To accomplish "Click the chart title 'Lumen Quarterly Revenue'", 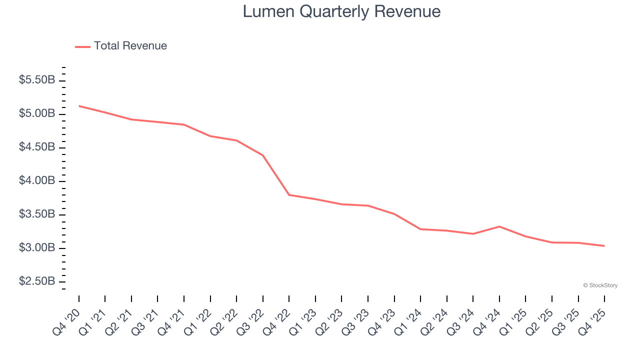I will (x=341, y=11).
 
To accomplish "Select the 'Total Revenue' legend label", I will (x=130, y=46).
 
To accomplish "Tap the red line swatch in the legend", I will (x=82, y=46).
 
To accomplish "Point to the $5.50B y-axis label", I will (x=37, y=80).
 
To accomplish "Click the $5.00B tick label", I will (x=37, y=113).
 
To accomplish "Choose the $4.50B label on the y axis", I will (x=37, y=147).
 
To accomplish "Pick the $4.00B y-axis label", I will (x=37, y=180).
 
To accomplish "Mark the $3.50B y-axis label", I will (x=37, y=214).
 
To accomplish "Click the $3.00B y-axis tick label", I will (x=37, y=248).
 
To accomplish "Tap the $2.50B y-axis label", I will (x=37, y=281).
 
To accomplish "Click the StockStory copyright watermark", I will (x=600, y=285).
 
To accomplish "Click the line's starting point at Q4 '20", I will (x=79, y=106).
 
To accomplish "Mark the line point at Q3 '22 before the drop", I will (x=263, y=155).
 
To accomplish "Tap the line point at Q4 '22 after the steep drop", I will (x=289, y=195).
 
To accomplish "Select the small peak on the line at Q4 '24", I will (x=499, y=226).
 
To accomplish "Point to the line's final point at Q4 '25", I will (x=604, y=246).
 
